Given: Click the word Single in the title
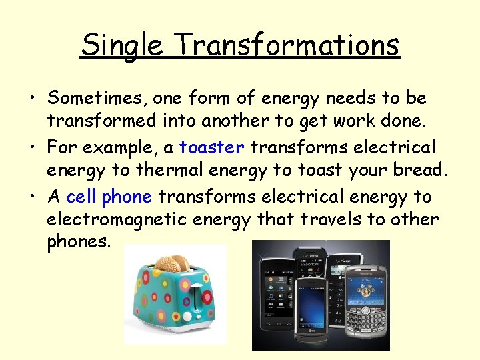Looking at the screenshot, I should [x=121, y=45].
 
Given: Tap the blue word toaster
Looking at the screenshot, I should [x=212, y=147].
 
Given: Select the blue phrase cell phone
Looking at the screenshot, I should [x=109, y=197].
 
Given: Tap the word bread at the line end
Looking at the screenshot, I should [x=417, y=170].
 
